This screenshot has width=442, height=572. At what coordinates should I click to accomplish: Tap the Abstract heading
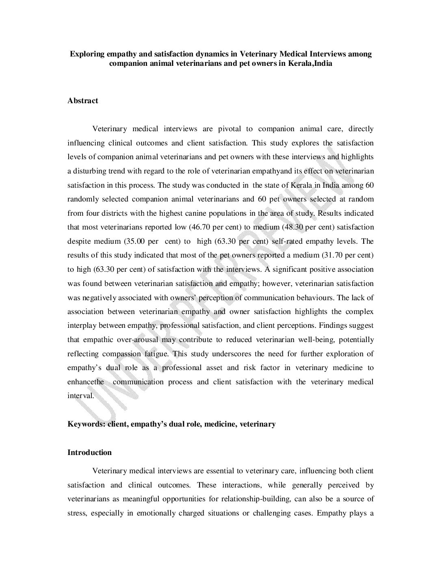click(x=83, y=101)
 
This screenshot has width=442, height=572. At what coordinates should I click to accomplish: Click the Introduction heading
click(x=89, y=453)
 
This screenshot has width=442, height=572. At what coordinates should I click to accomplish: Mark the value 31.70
click(x=337, y=256)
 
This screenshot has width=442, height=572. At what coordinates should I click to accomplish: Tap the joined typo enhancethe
click(x=86, y=382)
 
